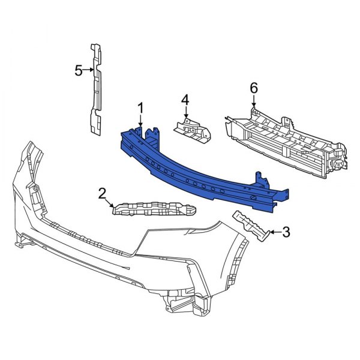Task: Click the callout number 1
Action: coord(140,108)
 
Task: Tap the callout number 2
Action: coord(102,193)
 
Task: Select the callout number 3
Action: coord(286,230)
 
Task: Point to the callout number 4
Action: coord(185,99)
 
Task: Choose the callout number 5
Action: coord(78,71)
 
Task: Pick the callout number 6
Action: coord(253,88)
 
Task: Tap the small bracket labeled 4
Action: coord(193,130)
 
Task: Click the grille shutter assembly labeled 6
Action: coord(282,141)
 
